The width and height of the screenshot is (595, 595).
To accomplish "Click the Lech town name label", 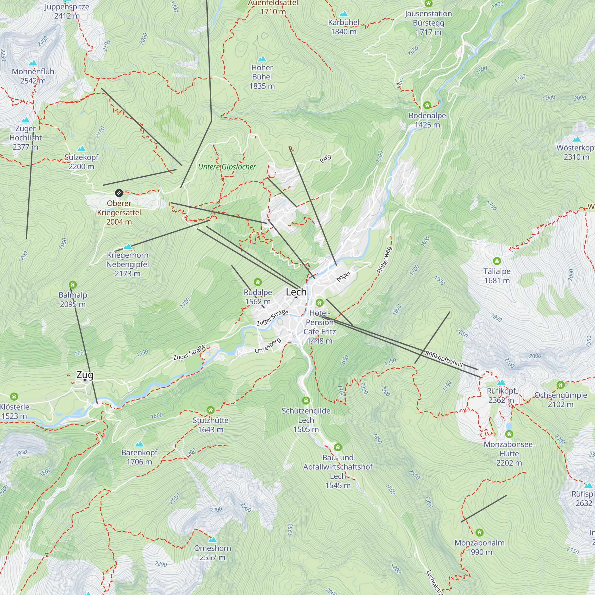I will coord(296,292).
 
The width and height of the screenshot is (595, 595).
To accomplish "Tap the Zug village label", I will coord(85,375).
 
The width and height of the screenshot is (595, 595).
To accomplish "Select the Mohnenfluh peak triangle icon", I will coord(33,63).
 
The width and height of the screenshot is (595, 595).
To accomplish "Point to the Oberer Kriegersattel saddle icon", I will coord(119,193).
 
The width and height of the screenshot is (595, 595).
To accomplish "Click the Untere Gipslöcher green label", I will coord(227,167).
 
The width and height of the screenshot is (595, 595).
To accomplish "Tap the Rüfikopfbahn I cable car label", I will coord(444,359).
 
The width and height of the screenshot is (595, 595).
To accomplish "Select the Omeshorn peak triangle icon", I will coord(212,540).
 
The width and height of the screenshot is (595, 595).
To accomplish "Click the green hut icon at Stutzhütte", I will coord(210,410).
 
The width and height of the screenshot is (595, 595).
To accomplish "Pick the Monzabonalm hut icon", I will coord(479,532).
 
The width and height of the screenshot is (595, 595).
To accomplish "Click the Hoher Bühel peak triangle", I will coord(262,59).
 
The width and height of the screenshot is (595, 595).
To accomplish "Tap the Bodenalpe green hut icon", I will coord(427,105).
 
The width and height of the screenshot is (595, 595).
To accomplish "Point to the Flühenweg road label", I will coord(384,260).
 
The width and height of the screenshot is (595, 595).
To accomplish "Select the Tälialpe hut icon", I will coord(497,261).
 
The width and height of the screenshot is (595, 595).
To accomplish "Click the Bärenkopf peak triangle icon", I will coord(140,444).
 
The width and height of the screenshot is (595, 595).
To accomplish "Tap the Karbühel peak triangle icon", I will coord(343,14).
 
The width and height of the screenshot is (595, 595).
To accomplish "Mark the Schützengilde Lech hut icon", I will coord(306,400).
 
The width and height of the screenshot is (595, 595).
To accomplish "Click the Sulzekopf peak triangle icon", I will coord(81,149).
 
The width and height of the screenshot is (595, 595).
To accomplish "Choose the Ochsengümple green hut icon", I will coord(560,385).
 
